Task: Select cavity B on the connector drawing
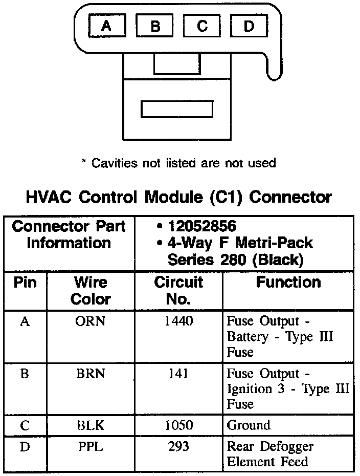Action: point(155,26)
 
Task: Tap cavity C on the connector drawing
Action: point(201,26)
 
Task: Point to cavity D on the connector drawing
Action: point(249,26)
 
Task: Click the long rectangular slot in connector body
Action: point(176,109)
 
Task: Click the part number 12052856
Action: point(202,226)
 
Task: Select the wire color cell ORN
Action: point(91,321)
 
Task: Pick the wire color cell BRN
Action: point(91,374)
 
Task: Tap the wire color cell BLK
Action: point(91,425)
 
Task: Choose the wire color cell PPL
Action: point(91,447)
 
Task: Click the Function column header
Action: point(288,283)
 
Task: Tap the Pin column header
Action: point(25,283)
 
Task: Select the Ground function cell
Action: point(249,425)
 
